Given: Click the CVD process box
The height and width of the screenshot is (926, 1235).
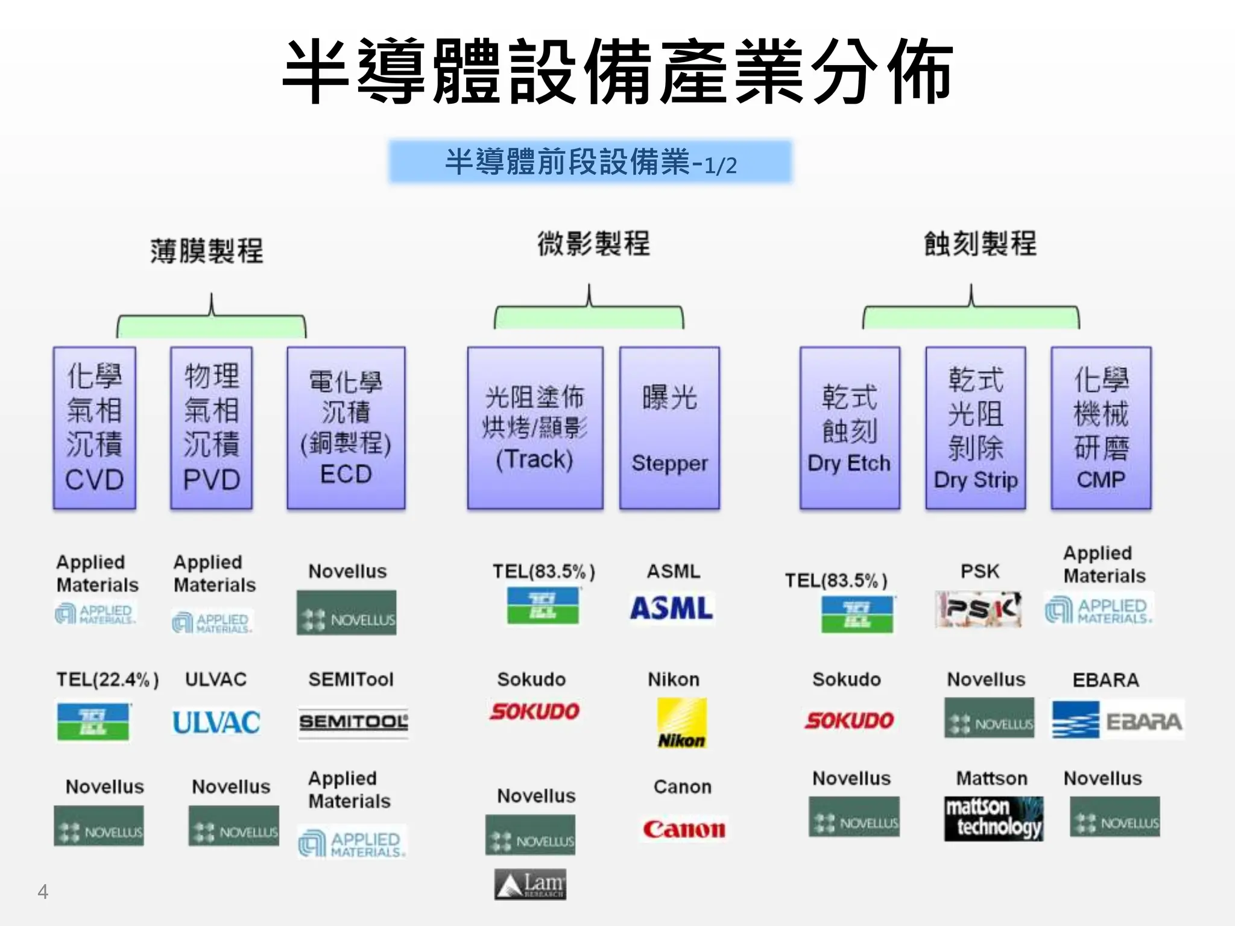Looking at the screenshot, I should pos(95,428).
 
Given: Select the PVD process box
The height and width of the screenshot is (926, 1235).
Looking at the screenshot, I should pos(212,428).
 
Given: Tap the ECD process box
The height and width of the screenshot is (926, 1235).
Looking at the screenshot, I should pos(346,428).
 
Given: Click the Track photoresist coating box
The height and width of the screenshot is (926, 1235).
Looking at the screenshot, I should pos(535,428).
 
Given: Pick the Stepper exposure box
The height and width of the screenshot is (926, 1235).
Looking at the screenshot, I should pos(669,428).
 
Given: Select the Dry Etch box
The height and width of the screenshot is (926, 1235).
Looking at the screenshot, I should pos(850,428).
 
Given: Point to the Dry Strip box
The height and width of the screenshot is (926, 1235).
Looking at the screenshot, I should pos(976,428).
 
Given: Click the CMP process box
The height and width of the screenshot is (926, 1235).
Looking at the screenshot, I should pos(1101,428).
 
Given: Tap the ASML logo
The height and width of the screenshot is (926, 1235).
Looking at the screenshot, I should pos(672,608).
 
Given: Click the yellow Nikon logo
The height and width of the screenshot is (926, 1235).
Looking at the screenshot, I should pos(682,723).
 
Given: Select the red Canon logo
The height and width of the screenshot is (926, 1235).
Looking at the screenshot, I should pos(684,830).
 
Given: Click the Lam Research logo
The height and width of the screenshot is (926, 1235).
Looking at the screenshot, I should pos(531,884).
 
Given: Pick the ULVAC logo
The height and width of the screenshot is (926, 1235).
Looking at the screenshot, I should pos(216,722).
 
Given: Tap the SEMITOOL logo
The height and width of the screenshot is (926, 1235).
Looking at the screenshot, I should pos(353,722).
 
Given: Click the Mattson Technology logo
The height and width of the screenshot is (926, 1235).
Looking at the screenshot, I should pos(993,818).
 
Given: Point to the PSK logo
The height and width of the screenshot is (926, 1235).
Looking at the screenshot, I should pos(978,609).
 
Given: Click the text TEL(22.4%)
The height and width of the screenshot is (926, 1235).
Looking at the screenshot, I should pos(107,679).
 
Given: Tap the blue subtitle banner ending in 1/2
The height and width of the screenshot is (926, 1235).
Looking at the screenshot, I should pos(590,162).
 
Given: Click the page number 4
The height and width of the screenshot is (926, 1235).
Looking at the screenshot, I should pos(43,892).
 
